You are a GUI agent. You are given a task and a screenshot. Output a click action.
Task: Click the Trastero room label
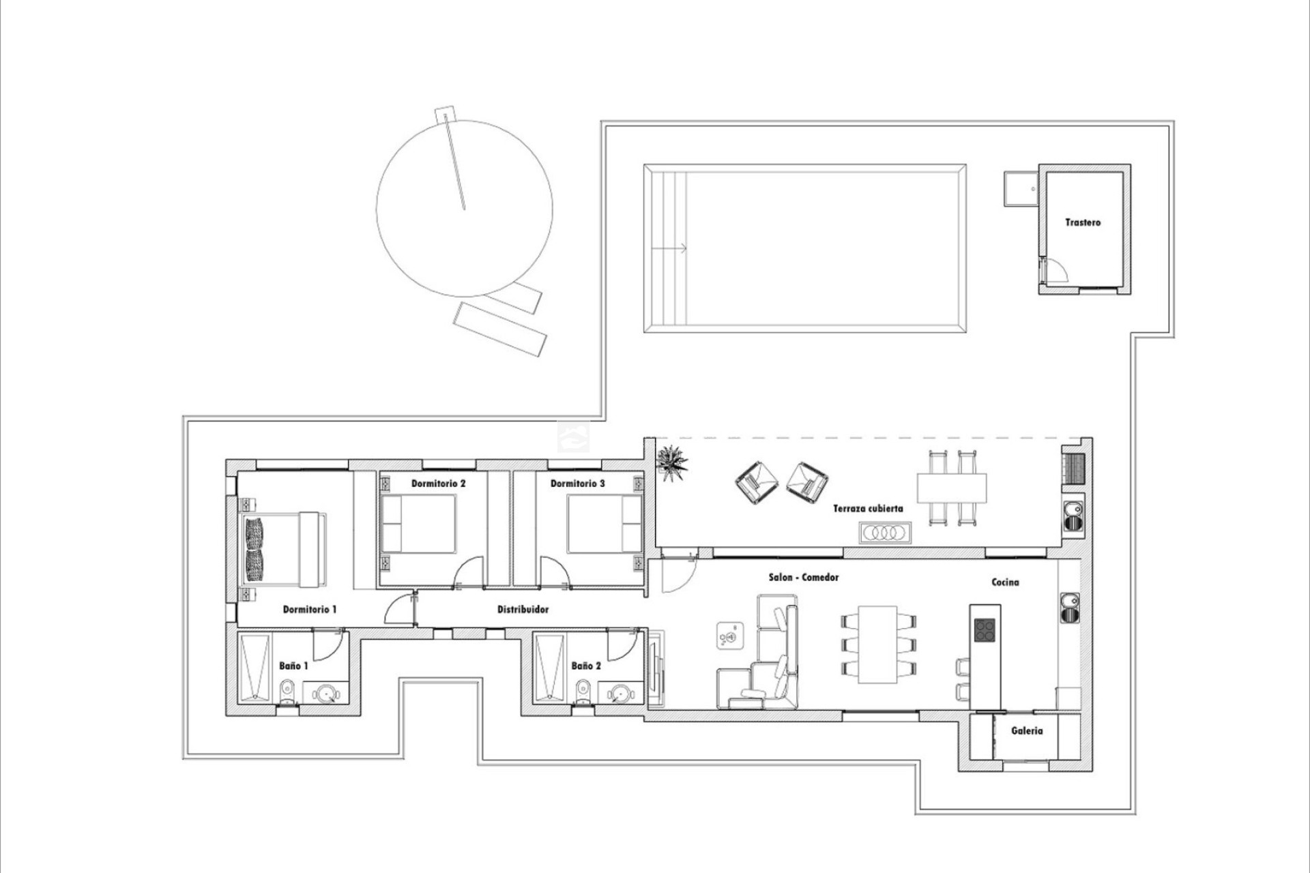[1083, 222]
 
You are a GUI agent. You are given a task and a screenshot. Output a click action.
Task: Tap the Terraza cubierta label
[868, 509]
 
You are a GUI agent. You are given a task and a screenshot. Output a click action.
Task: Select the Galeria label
[1027, 731]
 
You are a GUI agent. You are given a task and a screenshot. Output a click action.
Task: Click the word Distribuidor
[523, 610]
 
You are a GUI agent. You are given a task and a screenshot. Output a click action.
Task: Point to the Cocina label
[1005, 582]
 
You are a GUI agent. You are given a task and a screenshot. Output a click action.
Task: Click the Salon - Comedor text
[804, 578]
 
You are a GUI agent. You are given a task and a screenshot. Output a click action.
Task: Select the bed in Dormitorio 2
[418, 524]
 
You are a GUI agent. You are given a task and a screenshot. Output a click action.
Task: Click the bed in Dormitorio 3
[605, 524]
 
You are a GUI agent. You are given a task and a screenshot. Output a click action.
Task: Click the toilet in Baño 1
[288, 692]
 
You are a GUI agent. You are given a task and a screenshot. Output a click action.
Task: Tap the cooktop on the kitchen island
[985, 630]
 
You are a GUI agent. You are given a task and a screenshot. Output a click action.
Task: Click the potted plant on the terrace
[673, 462]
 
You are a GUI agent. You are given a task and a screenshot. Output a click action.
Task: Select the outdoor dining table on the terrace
[952, 487]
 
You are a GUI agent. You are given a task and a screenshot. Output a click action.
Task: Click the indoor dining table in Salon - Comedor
[877, 644]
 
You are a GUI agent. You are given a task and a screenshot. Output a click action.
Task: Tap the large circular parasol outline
[465, 208]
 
